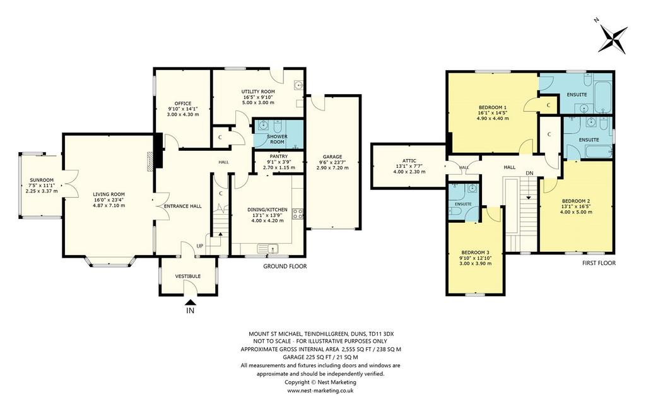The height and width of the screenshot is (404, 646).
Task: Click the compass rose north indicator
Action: tap(613, 39)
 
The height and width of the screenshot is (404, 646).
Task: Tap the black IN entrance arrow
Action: tap(191, 302)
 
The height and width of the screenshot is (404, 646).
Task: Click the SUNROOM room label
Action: tap(42, 180)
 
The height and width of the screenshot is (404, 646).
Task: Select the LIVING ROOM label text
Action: tap(109, 194)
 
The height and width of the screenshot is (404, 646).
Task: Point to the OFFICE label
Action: tap(183, 104)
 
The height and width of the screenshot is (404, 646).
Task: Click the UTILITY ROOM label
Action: tap(258, 92)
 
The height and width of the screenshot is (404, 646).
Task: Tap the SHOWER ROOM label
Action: tap(278, 139)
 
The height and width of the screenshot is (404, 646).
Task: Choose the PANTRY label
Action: tap(279, 157)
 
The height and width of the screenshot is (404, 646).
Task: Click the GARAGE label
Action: tap(332, 157)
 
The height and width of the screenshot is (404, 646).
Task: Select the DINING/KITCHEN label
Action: tap(267, 210)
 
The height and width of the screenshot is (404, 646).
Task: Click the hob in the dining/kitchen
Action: tap(298, 214)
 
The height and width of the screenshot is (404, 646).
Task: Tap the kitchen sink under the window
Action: tap(268, 249)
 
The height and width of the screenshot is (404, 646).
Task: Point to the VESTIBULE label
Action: tap(188, 276)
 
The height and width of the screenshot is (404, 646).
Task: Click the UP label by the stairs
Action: tap(200, 246)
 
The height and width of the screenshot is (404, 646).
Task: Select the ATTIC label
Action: tap(409, 161)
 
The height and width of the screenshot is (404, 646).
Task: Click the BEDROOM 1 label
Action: tap(493, 107)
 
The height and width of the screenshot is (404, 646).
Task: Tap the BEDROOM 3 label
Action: tap(476, 252)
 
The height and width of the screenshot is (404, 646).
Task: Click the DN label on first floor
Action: tap(529, 173)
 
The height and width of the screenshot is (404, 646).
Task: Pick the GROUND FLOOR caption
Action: tap(285, 266)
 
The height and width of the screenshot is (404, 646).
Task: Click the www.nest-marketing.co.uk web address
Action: tap(320, 390)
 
